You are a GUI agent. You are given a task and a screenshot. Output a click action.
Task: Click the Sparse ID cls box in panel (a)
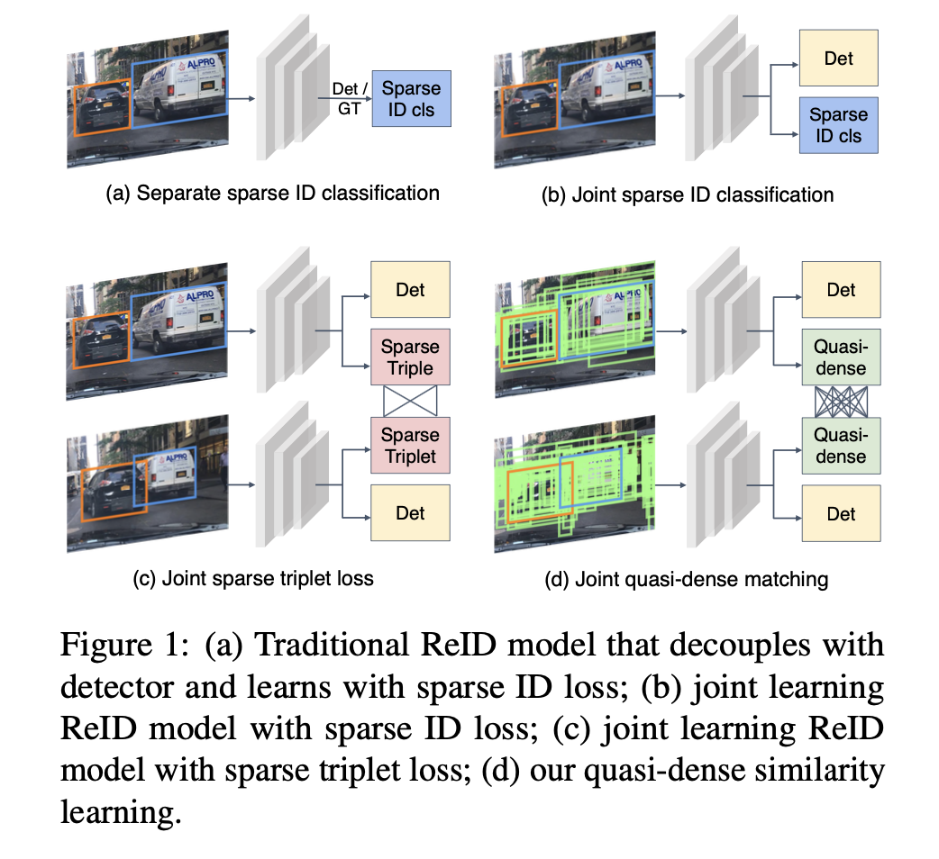point(411,99)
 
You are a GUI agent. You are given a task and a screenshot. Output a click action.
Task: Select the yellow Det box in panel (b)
point(838,59)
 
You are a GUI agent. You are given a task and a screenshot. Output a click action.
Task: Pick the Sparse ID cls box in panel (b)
point(838,125)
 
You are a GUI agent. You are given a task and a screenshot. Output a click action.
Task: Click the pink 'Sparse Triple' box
point(410,357)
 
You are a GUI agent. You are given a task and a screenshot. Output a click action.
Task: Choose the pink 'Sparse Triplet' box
point(410,445)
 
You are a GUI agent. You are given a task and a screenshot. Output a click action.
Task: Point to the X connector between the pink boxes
point(410,402)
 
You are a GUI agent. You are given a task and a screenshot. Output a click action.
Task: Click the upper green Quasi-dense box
point(840,357)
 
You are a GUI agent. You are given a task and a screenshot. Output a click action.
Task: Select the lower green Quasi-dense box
point(840,445)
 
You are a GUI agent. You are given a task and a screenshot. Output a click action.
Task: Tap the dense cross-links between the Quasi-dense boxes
point(840,402)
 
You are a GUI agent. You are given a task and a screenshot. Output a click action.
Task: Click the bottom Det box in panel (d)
point(840,513)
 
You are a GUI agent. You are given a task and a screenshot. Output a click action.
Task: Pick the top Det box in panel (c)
point(410,290)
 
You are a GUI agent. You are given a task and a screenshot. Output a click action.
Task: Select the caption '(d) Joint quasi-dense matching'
point(687,579)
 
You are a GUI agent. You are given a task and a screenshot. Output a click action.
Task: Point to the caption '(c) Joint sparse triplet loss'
point(252,579)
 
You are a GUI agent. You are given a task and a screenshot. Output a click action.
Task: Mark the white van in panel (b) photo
point(608,86)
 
